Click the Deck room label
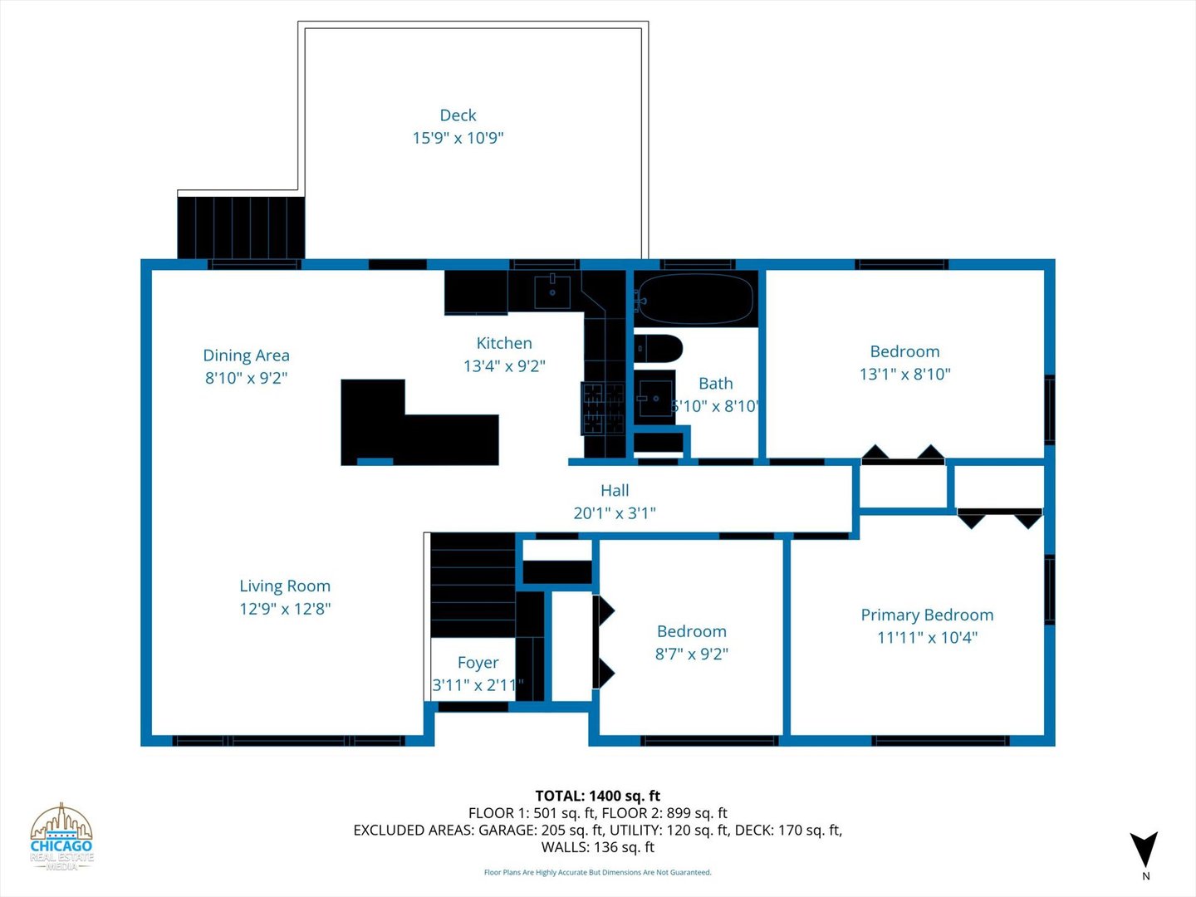pyautogui.click(x=458, y=115)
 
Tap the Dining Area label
pyautogui.click(x=246, y=355)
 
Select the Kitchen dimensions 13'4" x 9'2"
pyautogui.click(x=504, y=366)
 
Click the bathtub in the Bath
pyautogui.click(x=695, y=299)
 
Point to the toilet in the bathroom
pyautogui.click(x=658, y=349)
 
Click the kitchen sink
pyautogui.click(x=552, y=291)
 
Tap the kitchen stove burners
pyautogui.click(x=603, y=409)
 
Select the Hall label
pyautogui.click(x=615, y=491)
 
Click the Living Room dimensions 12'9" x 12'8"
pyautogui.click(x=285, y=609)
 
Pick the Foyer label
pyautogui.click(x=478, y=663)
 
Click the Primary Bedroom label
pyautogui.click(x=927, y=615)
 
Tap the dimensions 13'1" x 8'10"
pyautogui.click(x=904, y=375)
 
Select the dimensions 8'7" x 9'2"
pyautogui.click(x=691, y=654)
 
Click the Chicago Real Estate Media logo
pyautogui.click(x=61, y=837)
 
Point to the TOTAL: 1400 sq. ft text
pyautogui.click(x=597, y=796)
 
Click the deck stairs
pyautogui.click(x=241, y=228)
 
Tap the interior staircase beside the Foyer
pyautogui.click(x=473, y=586)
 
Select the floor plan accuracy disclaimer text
pyautogui.click(x=597, y=872)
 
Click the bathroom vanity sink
pyautogui.click(x=654, y=398)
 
